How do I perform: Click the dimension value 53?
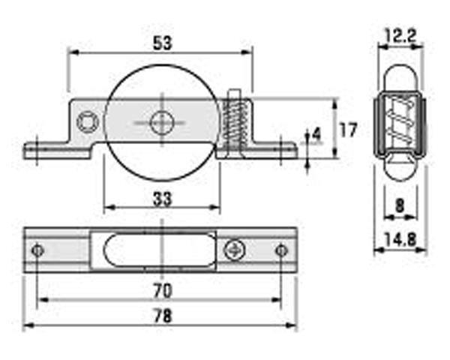(x=160, y=43)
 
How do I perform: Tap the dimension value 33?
(x=162, y=199)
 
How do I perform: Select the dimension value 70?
(x=161, y=289)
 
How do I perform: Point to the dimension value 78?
(x=161, y=316)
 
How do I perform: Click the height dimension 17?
(x=347, y=129)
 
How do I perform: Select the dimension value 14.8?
(x=401, y=241)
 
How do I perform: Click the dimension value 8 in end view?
(x=400, y=205)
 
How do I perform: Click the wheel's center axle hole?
(x=161, y=122)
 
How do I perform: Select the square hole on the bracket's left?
(x=88, y=120)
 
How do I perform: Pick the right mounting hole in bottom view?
(x=281, y=250)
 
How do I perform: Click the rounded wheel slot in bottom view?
(x=161, y=249)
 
